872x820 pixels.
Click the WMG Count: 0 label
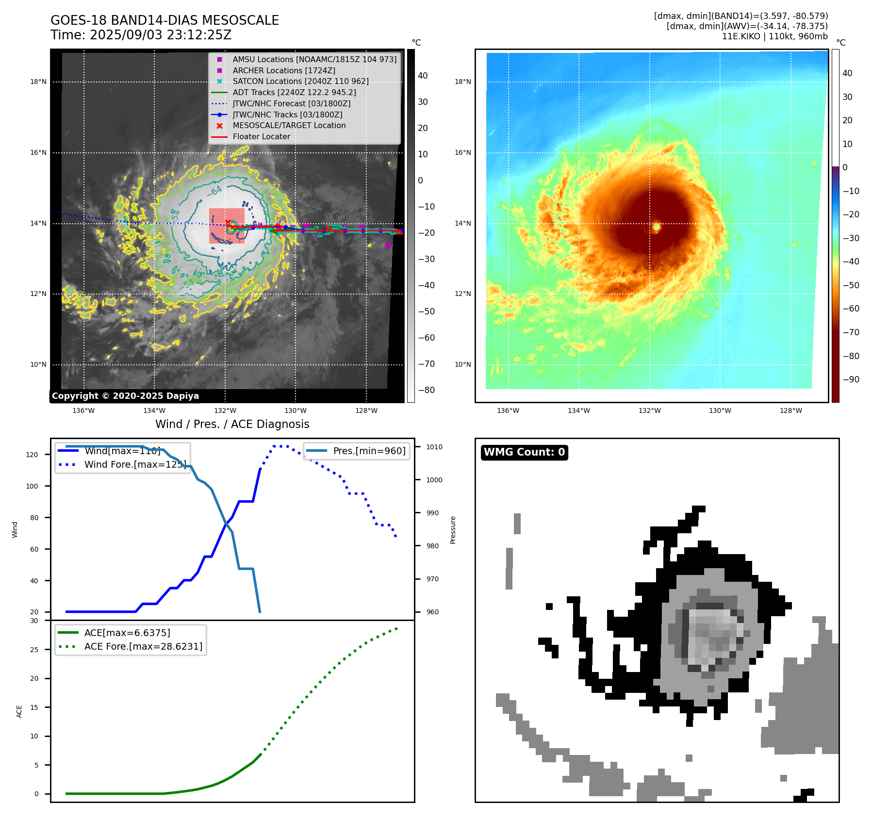coord(524,452)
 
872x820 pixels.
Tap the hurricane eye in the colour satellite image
coord(657,226)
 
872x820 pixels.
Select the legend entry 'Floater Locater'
coord(261,137)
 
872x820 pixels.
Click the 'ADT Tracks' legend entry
coord(294,92)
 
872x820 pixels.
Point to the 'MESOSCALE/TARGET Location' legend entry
coord(289,126)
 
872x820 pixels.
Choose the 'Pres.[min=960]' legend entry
coord(369,451)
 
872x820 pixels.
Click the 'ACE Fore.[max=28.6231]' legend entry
coord(143,646)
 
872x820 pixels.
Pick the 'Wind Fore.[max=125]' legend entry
coord(135,464)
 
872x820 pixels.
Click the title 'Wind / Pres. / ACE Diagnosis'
coord(232,424)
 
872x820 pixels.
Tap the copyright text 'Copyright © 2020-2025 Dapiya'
coord(125,396)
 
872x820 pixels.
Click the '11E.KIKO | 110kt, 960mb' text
coord(774,36)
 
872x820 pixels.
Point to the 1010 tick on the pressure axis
coord(434,447)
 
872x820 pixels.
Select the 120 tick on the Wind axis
coord(32,455)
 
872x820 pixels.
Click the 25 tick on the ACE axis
coord(34,650)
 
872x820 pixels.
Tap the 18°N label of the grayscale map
coord(38,82)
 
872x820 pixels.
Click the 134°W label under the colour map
coord(578,410)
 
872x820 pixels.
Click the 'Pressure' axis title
coord(453,530)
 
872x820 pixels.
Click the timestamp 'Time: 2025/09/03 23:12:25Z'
coord(141,35)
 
